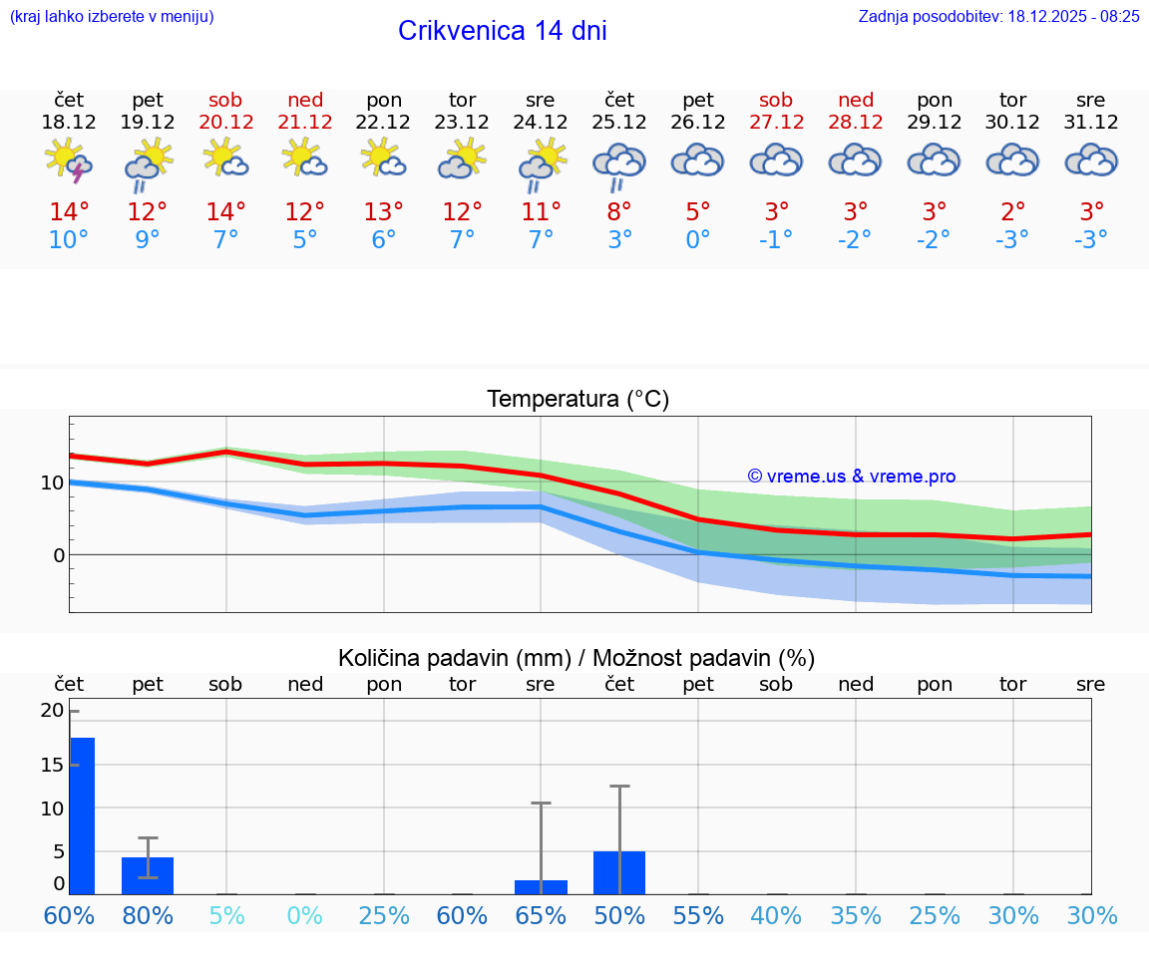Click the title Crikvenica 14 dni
tap(502, 31)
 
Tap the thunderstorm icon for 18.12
tap(69, 162)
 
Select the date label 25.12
tap(619, 122)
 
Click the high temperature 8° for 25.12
tap(619, 211)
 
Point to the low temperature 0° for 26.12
tap(698, 239)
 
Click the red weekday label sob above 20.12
tap(225, 100)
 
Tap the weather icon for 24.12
tap(541, 162)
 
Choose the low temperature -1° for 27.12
tap(776, 239)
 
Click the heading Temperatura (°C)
tap(577, 400)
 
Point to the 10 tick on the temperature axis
tap(51, 483)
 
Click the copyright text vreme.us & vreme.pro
tap(852, 477)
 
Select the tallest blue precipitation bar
tap(82, 815)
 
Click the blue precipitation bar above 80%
tap(148, 875)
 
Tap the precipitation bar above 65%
tap(541, 887)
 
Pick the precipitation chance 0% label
tap(305, 915)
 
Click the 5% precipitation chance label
tap(226, 915)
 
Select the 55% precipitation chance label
tap(698, 915)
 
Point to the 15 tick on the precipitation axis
tap(51, 765)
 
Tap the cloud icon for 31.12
tap(1091, 162)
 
